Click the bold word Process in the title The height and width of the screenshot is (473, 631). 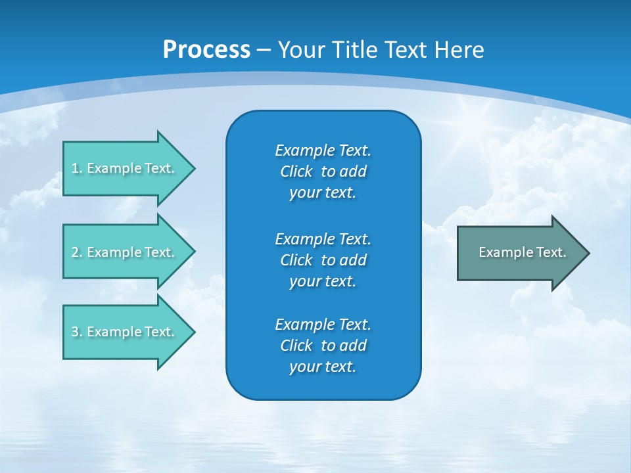pyautogui.click(x=206, y=50)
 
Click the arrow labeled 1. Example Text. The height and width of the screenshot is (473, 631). pyautogui.click(x=125, y=168)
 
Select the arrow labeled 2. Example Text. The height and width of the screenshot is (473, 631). pyautogui.click(x=125, y=252)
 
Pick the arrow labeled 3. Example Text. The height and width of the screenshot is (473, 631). pyautogui.click(x=125, y=332)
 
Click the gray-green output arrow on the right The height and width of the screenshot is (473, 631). pyautogui.click(x=519, y=253)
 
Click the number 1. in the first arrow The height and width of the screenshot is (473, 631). pyautogui.click(x=77, y=168)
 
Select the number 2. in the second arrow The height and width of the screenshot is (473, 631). pyautogui.click(x=77, y=252)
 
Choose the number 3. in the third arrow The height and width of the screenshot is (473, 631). pyautogui.click(x=77, y=332)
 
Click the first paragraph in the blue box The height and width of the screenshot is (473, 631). pyautogui.click(x=323, y=171)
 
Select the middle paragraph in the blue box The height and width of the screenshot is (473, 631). pyautogui.click(x=323, y=260)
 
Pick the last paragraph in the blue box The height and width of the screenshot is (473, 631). pyautogui.click(x=323, y=346)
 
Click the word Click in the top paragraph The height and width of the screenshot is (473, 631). pyautogui.click(x=296, y=171)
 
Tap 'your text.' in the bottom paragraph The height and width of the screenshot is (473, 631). pyautogui.click(x=323, y=367)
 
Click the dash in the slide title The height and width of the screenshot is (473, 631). pyautogui.click(x=264, y=50)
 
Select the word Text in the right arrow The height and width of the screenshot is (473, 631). pyautogui.click(x=551, y=252)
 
